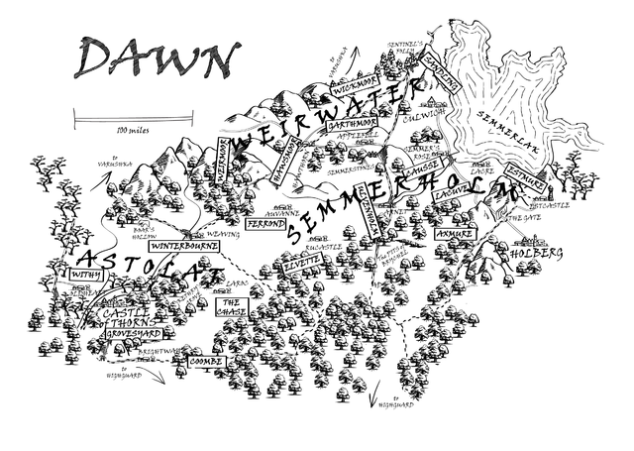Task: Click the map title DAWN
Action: tap(158, 61)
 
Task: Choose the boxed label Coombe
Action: tap(206, 362)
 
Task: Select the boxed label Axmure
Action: tap(454, 233)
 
